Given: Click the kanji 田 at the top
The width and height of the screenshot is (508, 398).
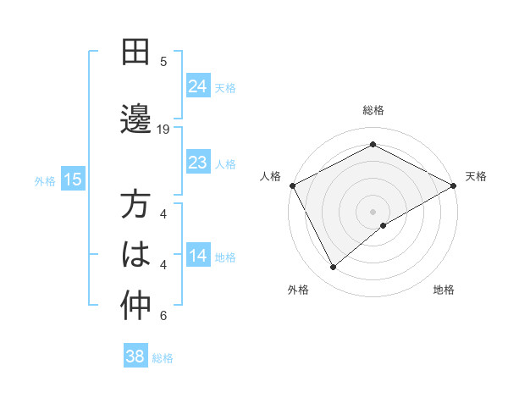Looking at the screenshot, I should tap(135, 53).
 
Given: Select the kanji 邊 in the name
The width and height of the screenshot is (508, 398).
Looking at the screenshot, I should tap(135, 118).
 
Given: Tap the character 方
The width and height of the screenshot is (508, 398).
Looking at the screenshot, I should tap(135, 206).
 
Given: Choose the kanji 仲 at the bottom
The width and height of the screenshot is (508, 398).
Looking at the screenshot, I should tap(135, 307).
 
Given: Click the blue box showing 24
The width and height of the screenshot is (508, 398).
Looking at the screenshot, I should tap(198, 86).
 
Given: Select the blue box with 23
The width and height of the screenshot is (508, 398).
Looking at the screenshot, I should tap(198, 163).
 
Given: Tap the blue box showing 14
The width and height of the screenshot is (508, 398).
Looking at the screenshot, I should tap(198, 257).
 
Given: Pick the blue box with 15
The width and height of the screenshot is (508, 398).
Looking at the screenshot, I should tap(73, 180).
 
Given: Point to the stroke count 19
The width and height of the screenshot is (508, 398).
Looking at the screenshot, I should tap(164, 130).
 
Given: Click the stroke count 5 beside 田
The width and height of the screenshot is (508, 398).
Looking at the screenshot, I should tap(164, 62).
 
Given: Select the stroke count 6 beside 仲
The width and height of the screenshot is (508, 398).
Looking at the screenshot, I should tap(164, 317).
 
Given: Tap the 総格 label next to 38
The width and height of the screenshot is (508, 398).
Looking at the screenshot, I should tap(163, 357).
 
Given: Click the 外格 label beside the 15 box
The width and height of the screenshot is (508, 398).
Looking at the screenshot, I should tap(45, 180).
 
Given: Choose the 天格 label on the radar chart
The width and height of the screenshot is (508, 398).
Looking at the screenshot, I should tap(476, 176).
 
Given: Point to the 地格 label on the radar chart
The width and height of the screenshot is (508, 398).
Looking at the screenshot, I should tap(444, 290).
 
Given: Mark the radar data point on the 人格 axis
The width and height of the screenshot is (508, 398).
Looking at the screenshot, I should tap(292, 185).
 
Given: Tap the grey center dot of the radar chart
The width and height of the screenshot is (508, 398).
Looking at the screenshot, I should tap(373, 211).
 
